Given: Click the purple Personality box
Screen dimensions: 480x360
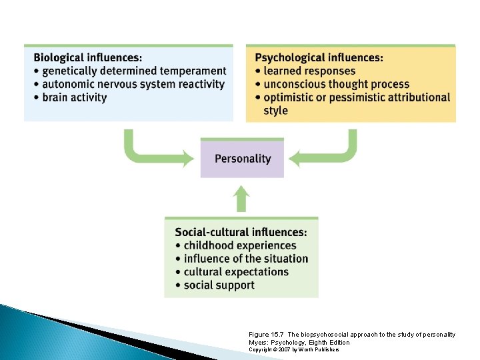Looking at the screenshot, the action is point(242,159).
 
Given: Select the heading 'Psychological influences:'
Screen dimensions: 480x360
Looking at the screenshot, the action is point(319,57).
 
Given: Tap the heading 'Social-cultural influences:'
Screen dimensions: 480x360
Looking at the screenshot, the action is point(241,232).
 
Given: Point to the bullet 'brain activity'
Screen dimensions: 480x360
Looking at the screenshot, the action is point(73,97).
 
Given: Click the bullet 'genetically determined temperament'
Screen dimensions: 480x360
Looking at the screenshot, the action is point(133,71).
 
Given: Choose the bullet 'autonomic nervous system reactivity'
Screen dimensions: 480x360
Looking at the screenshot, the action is point(133,84).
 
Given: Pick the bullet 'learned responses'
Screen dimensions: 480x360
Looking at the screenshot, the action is point(309,71).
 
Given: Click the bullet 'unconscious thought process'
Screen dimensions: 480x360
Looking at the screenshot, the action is point(336,84).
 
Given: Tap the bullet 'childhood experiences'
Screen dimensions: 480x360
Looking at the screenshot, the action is point(239,245).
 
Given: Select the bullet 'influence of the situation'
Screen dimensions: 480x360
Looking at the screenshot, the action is point(245,259).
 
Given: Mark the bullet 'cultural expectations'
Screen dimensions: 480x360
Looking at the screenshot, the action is point(235,272).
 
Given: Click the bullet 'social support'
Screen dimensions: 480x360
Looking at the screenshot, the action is point(219,285).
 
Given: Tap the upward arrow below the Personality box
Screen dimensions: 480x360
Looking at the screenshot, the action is point(242,199).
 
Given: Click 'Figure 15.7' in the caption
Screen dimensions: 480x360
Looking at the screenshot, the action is point(266,334).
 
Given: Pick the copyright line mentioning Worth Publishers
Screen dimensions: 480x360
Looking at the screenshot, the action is point(293,349).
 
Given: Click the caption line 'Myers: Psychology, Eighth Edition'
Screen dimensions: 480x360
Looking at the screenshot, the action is point(298,342).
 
